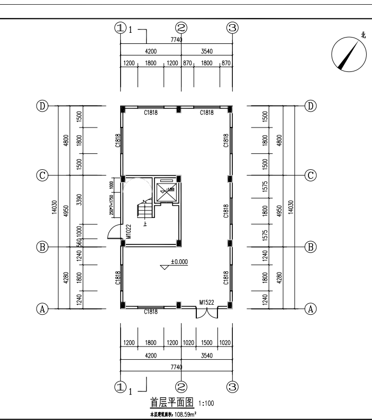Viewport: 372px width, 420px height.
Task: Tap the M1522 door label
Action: pyautogui.click(x=207, y=303)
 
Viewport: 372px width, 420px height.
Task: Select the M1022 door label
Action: pyautogui.click(x=129, y=232)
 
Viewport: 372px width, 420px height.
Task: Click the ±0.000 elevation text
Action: pyautogui.click(x=179, y=261)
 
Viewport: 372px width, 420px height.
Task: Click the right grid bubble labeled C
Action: pyautogui.click(x=311, y=175)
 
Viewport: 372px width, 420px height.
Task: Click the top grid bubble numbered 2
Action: pyautogui.click(x=181, y=28)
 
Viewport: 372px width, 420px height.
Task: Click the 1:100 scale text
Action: pyautogui.click(x=206, y=404)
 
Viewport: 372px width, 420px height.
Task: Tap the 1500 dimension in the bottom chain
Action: pyautogui.click(x=207, y=343)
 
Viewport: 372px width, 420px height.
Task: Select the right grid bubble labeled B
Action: pyautogui.click(x=311, y=246)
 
